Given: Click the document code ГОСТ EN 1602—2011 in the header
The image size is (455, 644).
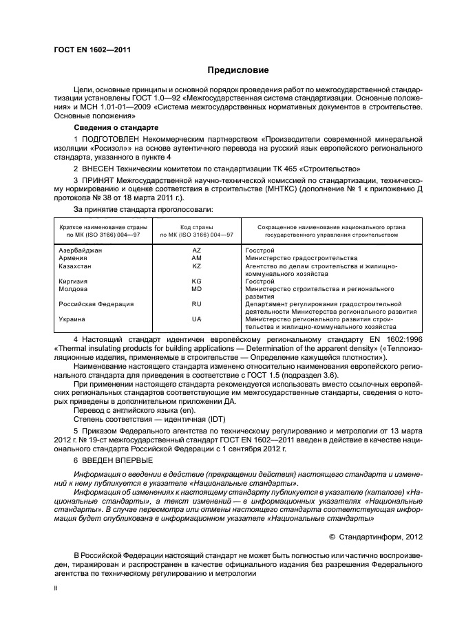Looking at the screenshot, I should coord(93,50).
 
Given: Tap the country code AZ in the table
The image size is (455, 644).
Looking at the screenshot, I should coord(196,250).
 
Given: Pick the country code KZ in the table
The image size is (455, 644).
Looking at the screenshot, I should coord(196,266).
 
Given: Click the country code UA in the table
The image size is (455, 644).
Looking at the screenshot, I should coord(196,319).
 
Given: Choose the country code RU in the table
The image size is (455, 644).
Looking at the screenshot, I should coord(196,303).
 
